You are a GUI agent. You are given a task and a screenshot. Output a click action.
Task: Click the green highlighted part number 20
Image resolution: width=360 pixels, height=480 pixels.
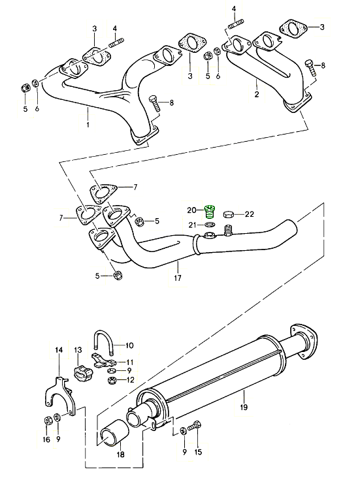[210, 212]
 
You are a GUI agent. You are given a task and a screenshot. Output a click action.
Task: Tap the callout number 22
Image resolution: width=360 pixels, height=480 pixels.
[250, 214]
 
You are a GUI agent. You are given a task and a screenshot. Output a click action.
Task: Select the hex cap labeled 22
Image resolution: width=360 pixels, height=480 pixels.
[229, 214]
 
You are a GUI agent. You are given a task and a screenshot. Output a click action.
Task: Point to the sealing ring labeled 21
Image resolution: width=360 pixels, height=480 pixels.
[210, 225]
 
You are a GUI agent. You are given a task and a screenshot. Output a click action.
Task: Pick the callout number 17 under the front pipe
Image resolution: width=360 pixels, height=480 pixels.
[178, 278]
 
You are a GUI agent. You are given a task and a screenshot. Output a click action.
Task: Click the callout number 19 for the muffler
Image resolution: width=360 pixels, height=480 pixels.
[244, 407]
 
